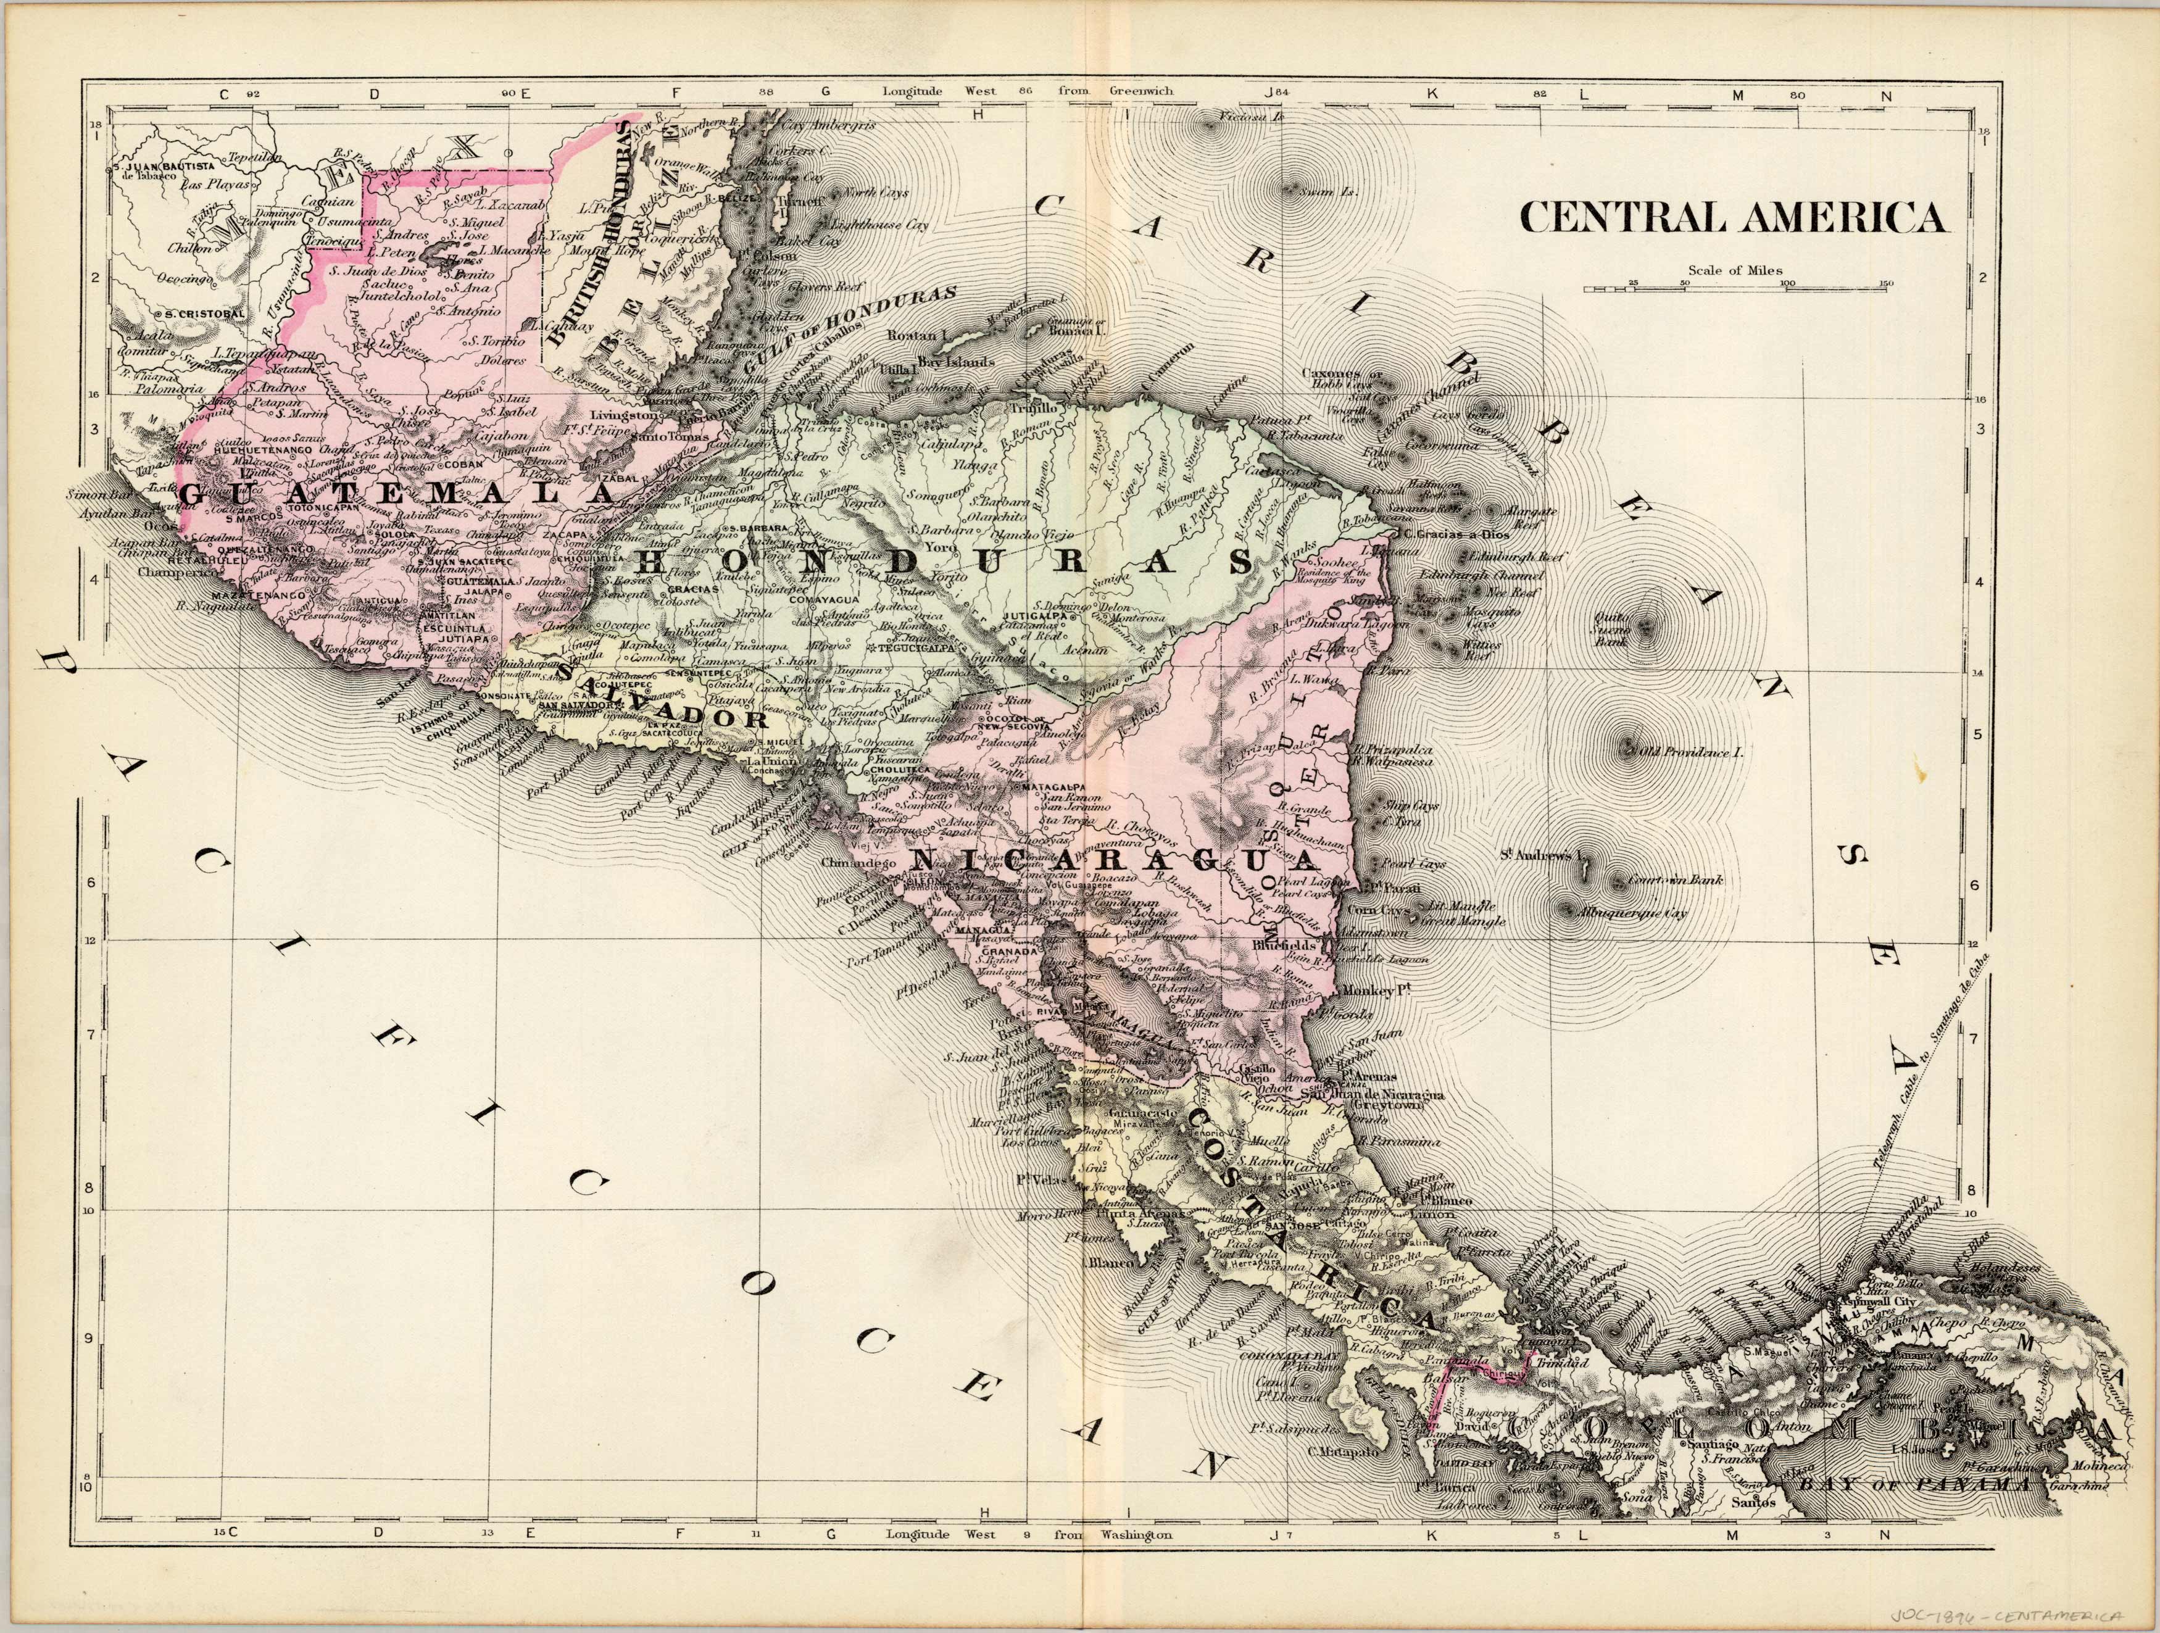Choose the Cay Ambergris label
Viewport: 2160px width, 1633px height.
click(813, 126)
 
